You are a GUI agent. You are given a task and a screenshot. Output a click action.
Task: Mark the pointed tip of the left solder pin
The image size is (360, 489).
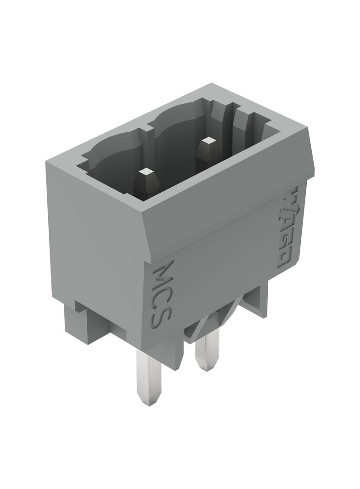pyautogui.click(x=149, y=405)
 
